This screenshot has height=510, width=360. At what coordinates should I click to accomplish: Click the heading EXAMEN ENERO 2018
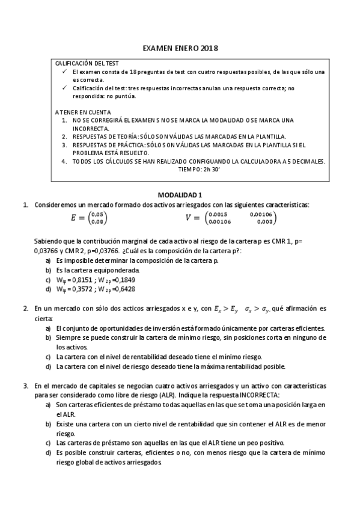pyautogui.click(x=180, y=48)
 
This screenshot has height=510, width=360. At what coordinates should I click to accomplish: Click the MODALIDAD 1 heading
pyautogui.click(x=180, y=195)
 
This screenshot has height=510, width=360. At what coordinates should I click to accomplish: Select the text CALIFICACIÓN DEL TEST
pyautogui.click(x=87, y=63)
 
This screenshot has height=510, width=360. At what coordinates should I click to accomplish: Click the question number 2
pyautogui.click(x=25, y=309)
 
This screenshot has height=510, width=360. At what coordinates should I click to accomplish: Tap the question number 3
pyautogui.click(x=25, y=385)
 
